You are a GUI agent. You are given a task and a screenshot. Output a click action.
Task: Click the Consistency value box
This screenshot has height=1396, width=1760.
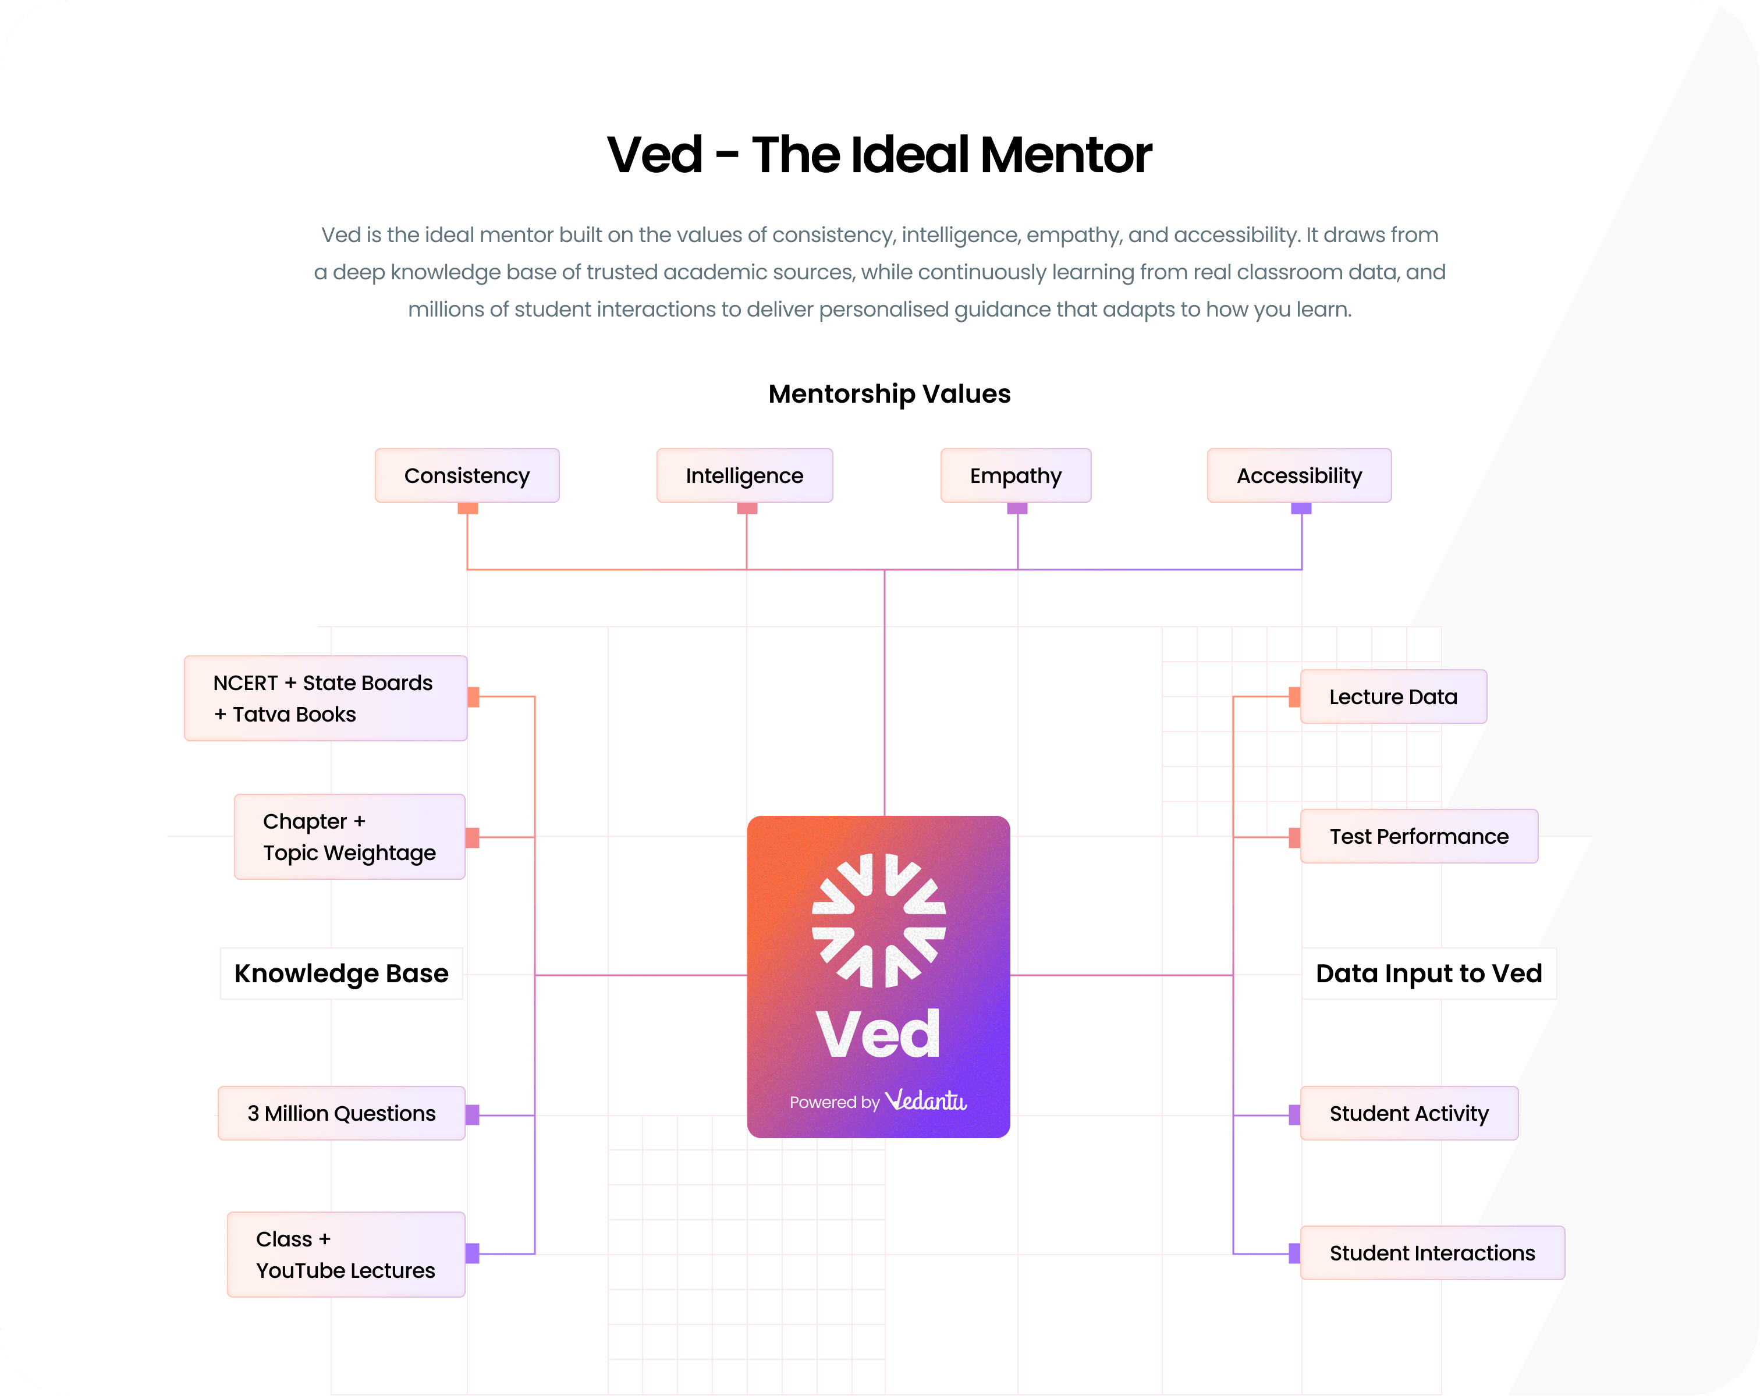pyautogui.click(x=467, y=475)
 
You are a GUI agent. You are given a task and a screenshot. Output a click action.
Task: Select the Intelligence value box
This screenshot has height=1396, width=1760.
pyautogui.click(x=744, y=475)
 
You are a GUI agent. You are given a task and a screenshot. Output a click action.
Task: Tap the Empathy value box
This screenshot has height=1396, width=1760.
pyautogui.click(x=1016, y=475)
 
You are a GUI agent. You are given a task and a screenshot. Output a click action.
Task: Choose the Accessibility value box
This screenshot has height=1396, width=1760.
pyautogui.click(x=1299, y=475)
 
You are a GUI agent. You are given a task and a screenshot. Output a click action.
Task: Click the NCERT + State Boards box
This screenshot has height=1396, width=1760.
pyautogui.click(x=326, y=698)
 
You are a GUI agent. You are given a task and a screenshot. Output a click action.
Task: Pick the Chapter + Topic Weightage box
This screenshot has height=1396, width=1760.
pyautogui.click(x=349, y=837)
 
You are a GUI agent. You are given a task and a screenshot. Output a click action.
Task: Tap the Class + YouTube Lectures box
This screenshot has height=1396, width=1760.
pyautogui.click(x=346, y=1254)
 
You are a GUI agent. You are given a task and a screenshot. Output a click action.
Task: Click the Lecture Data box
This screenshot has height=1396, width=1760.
pyautogui.click(x=1393, y=697)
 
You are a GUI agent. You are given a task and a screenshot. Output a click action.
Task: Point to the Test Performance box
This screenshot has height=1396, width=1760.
pyautogui.click(x=1419, y=836)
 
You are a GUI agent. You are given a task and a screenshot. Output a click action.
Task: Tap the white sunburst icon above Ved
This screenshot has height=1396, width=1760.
pyautogui.click(x=878, y=920)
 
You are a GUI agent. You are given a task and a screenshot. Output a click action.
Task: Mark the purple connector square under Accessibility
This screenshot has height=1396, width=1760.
pyautogui.click(x=1301, y=509)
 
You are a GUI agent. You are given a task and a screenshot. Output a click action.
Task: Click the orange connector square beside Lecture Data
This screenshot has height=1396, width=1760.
pyautogui.click(x=1295, y=697)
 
